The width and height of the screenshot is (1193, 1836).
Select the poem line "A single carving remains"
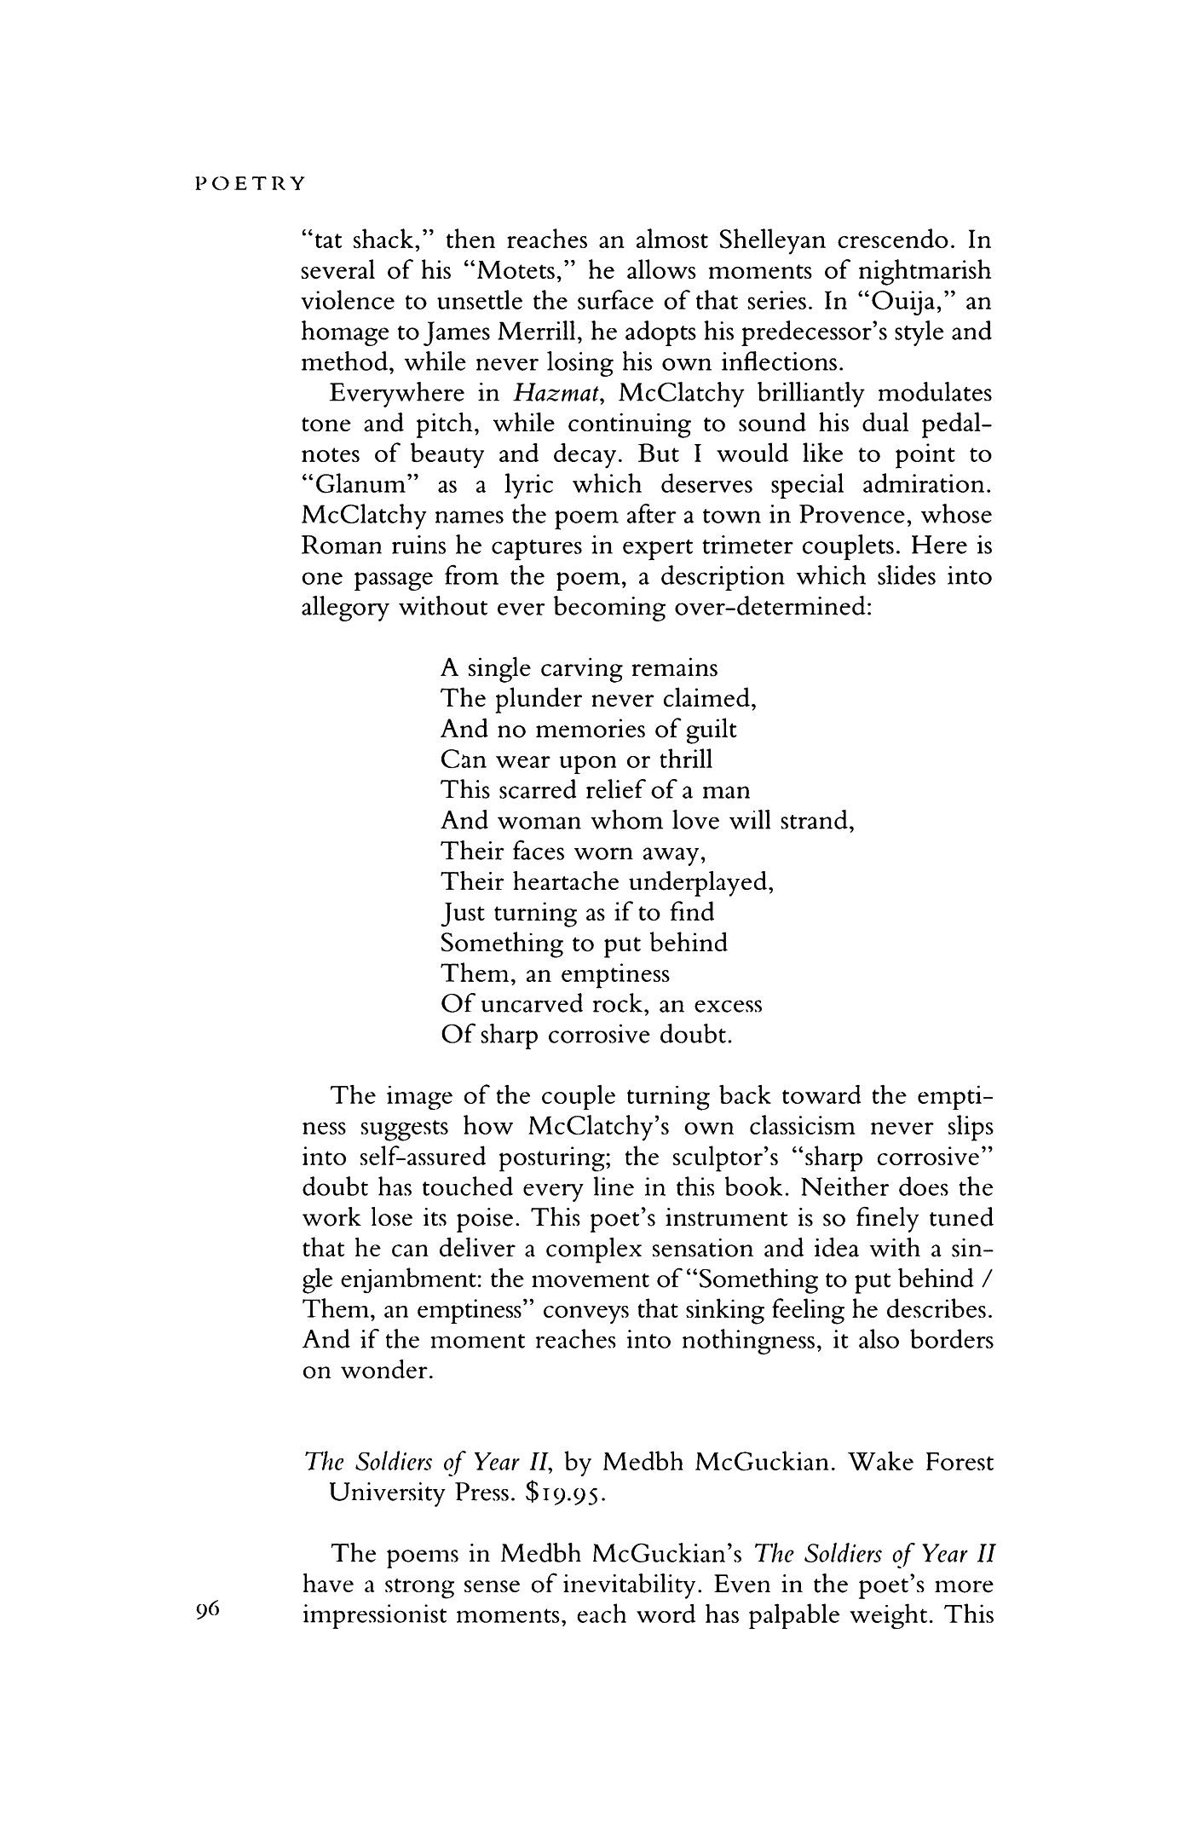(x=579, y=668)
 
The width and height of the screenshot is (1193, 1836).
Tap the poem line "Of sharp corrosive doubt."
(x=586, y=1036)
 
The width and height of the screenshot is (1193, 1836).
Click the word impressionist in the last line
(x=383, y=1615)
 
